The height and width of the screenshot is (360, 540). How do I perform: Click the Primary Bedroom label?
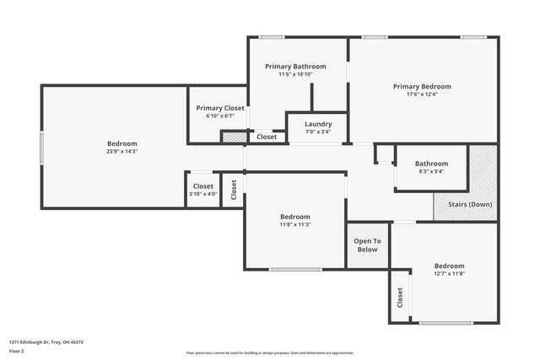422,86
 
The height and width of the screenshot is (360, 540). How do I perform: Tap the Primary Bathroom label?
295,67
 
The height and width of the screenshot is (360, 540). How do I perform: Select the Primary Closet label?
220,108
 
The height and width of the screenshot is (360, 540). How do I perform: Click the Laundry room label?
318,124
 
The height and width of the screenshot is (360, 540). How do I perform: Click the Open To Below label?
367,245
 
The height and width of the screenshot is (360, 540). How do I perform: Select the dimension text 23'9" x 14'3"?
121,152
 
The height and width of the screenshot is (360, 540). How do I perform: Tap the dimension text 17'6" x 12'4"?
422,94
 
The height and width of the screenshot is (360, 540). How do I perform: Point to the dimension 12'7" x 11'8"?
449,273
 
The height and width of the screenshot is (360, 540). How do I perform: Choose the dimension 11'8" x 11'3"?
295,224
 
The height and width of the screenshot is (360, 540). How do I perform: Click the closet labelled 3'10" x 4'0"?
202,194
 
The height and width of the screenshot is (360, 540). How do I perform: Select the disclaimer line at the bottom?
270,353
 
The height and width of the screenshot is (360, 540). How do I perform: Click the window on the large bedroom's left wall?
41,148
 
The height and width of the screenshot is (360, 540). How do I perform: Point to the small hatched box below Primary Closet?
234,137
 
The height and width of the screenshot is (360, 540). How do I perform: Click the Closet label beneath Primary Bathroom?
267,137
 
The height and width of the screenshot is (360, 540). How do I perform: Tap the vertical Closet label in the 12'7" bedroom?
399,297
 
